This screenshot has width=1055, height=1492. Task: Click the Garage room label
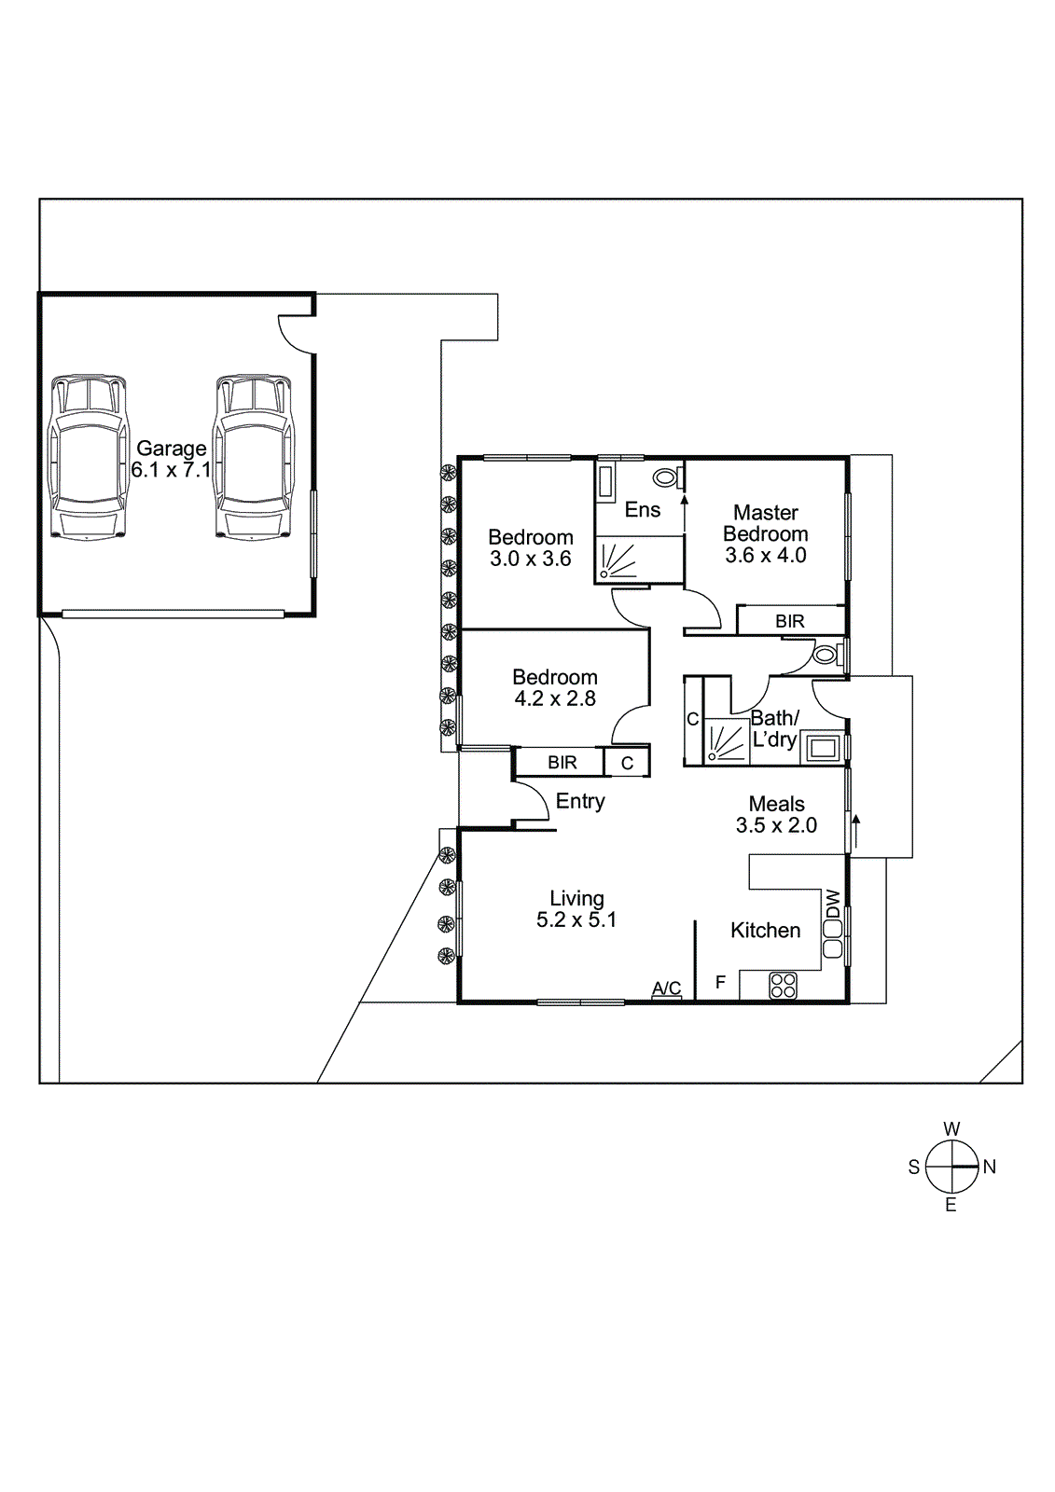click(x=171, y=449)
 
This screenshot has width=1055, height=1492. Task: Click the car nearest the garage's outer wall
click(x=89, y=457)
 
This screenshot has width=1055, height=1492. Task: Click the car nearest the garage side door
click(x=253, y=457)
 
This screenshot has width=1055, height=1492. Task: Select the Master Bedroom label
click(x=765, y=523)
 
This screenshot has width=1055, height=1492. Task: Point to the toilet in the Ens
click(x=666, y=477)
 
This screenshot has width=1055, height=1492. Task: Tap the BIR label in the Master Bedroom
click(x=789, y=621)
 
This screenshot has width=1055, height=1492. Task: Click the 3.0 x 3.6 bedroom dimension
click(x=530, y=559)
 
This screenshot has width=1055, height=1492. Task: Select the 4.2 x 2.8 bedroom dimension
click(x=554, y=698)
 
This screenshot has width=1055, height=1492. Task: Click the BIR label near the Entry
click(x=562, y=763)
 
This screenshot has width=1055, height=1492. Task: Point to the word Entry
click(x=579, y=801)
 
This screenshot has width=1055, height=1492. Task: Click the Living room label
click(x=576, y=898)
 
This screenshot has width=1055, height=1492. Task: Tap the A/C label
click(x=666, y=988)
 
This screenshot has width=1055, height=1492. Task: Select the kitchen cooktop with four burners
click(x=783, y=986)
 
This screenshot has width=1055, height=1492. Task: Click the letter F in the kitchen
click(x=720, y=982)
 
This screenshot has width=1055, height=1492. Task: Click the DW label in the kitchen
click(x=833, y=902)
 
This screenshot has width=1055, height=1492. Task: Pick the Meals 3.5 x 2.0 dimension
click(x=776, y=825)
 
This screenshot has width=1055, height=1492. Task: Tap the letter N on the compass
click(x=990, y=1167)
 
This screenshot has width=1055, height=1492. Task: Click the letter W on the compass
click(x=951, y=1129)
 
